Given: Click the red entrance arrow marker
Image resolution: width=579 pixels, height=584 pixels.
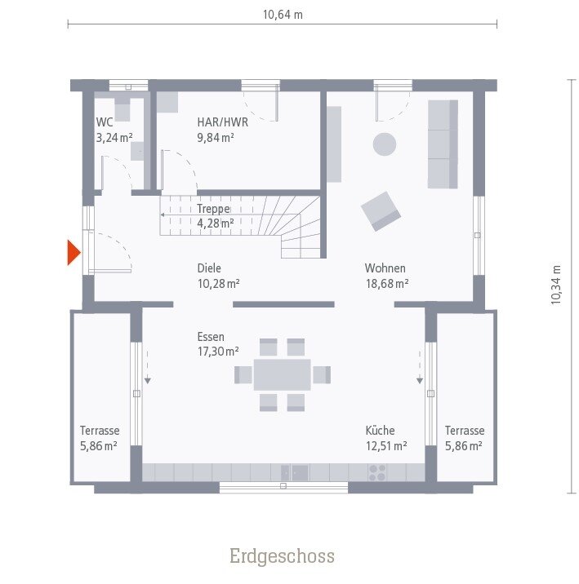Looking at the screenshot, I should (x=73, y=253).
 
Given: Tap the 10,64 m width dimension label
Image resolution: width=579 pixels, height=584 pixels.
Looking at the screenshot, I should (x=283, y=15).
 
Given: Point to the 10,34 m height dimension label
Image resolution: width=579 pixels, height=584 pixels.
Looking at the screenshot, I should (x=556, y=285).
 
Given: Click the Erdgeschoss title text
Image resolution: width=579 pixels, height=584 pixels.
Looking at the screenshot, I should (x=282, y=556).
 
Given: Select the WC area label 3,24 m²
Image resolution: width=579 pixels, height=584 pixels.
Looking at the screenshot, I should (x=114, y=138).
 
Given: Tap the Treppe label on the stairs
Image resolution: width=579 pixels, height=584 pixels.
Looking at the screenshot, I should (x=213, y=208).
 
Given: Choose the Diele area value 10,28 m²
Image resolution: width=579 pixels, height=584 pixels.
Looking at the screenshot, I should (x=217, y=284).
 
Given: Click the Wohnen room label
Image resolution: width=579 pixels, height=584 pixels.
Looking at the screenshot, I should (x=385, y=268).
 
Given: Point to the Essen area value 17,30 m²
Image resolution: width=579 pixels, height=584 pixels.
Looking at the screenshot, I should (x=217, y=352).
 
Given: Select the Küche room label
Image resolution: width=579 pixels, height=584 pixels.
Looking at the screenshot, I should (x=381, y=431).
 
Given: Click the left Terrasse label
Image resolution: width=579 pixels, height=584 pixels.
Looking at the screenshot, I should (x=100, y=431).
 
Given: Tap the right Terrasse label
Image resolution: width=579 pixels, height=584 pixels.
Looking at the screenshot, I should (x=465, y=431).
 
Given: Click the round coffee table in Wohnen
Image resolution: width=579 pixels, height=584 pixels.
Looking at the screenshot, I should (x=385, y=144).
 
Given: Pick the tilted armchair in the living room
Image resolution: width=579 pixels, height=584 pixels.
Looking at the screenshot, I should (x=381, y=210).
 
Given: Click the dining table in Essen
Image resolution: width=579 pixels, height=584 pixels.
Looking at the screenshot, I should (x=282, y=374).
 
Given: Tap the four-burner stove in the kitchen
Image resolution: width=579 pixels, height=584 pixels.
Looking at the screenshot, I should (x=377, y=472).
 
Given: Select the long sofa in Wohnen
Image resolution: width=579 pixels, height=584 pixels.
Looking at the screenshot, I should (x=443, y=144).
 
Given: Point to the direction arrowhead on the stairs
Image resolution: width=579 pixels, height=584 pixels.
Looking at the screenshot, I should (x=163, y=215).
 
